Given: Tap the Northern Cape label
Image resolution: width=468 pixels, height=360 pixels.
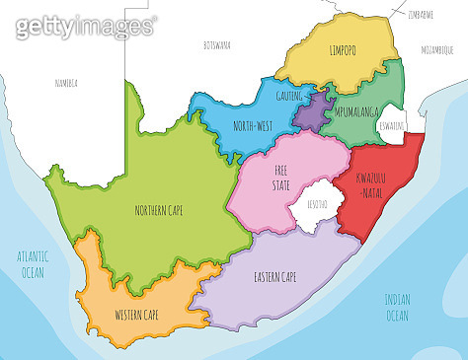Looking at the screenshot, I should pyautogui.click(x=159, y=209).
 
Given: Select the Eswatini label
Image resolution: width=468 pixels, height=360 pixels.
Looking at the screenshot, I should pyautogui.click(x=393, y=126).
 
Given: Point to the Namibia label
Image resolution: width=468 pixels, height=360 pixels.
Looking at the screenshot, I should pyautogui.click(x=67, y=83).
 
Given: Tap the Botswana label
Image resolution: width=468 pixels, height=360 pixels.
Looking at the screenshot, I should pyautogui.click(x=216, y=45).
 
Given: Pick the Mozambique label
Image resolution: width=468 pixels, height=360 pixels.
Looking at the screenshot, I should pyautogui.click(x=436, y=46).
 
